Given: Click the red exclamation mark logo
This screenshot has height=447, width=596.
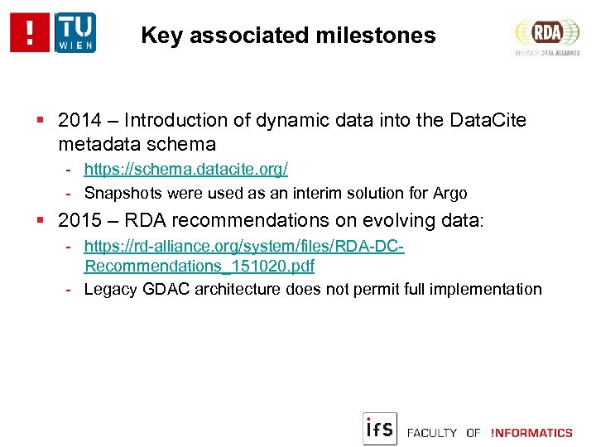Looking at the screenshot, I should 31,32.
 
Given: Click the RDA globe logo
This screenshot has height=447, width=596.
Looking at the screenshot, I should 547,34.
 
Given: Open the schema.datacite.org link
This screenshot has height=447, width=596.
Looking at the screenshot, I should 185,169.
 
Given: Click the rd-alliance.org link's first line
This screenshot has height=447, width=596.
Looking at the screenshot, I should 244,247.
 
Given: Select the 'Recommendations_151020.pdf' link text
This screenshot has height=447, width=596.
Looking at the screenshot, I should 199,267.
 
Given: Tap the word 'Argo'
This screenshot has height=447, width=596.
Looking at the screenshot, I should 449,194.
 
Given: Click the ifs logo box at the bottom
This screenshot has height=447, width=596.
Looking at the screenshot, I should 380,428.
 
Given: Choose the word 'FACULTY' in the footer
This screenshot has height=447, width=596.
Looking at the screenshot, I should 432,433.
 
